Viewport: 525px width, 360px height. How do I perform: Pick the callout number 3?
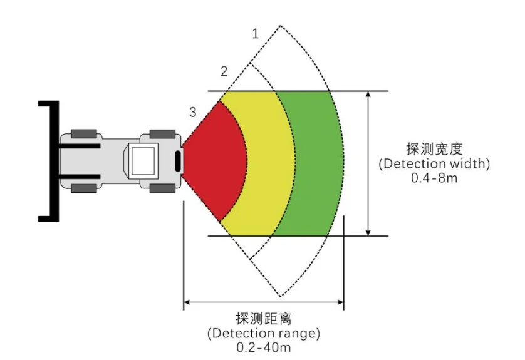point(193,112)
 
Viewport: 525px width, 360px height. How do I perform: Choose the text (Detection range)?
point(263,333)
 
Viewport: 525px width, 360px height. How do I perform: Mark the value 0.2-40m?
point(263,347)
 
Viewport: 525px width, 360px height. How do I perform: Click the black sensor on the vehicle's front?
point(178,161)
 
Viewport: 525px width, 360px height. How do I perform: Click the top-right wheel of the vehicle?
point(161,133)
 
